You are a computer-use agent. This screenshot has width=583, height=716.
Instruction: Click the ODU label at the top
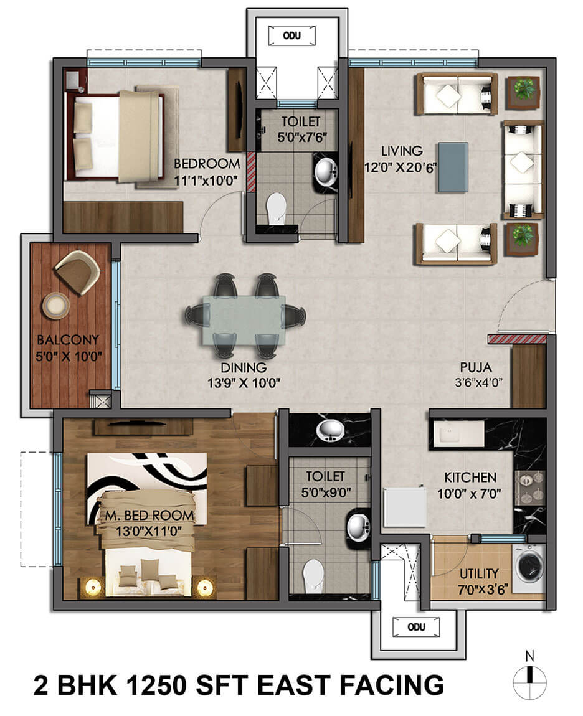[291, 35]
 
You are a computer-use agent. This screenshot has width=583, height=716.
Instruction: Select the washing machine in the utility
[528, 564]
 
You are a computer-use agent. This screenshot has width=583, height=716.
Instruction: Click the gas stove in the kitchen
[529, 488]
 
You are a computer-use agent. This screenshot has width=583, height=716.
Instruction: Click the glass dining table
[244, 319]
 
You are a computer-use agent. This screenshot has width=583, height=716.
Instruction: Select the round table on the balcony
[55, 306]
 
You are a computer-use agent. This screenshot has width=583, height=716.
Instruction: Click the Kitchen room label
[470, 478]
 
